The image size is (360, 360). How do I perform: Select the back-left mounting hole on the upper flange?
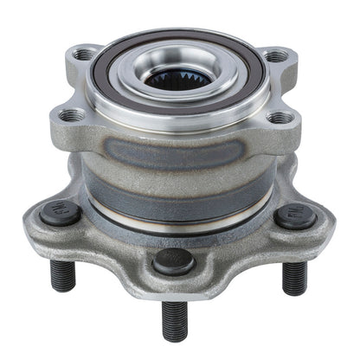[x=84, y=54]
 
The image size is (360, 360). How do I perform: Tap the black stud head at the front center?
[x=173, y=260]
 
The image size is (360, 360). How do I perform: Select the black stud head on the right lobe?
[x=295, y=216]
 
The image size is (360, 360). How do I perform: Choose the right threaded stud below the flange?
[x=295, y=277]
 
